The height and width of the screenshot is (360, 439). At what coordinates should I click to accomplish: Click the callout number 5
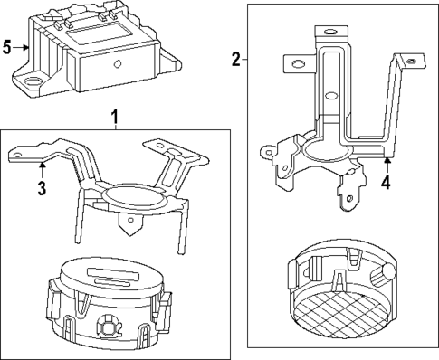click(7, 46)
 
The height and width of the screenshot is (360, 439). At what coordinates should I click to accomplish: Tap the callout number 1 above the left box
click(115, 117)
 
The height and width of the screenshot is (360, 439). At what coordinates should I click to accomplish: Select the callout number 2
click(236, 60)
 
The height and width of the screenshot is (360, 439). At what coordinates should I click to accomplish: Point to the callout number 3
click(41, 188)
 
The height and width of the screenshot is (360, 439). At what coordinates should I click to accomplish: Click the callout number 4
click(386, 182)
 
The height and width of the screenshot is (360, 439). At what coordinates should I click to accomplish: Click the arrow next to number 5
click(23, 46)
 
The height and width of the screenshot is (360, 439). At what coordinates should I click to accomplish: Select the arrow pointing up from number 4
click(386, 164)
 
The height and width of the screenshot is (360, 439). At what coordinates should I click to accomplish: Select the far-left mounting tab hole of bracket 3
click(18, 155)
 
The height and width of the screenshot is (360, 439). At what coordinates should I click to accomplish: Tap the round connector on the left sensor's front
click(108, 319)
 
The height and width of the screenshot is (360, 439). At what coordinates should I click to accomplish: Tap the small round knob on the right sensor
click(387, 270)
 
